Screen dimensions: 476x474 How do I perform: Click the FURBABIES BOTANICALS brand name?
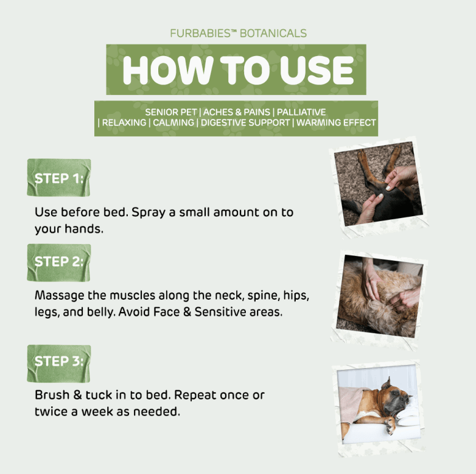[238, 33]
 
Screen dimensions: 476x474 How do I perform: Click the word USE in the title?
[317, 70]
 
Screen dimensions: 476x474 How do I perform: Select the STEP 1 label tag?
[59, 177]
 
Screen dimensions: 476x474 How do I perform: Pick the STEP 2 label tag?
[59, 263]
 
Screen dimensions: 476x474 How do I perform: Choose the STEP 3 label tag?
[59, 363]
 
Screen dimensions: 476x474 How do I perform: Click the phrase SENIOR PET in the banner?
[171, 112]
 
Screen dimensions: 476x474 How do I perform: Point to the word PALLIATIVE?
[301, 112]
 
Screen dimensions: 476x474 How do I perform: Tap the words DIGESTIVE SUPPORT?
[245, 122]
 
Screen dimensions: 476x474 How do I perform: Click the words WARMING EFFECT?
[336, 122]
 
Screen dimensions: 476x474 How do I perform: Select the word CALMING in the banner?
[173, 122]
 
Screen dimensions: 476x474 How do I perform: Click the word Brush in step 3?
[52, 395]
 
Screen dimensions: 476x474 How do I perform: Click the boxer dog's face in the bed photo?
[397, 397]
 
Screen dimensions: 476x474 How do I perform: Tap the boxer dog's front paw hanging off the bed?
[390, 425]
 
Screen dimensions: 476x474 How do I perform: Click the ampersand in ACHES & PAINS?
[237, 112]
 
